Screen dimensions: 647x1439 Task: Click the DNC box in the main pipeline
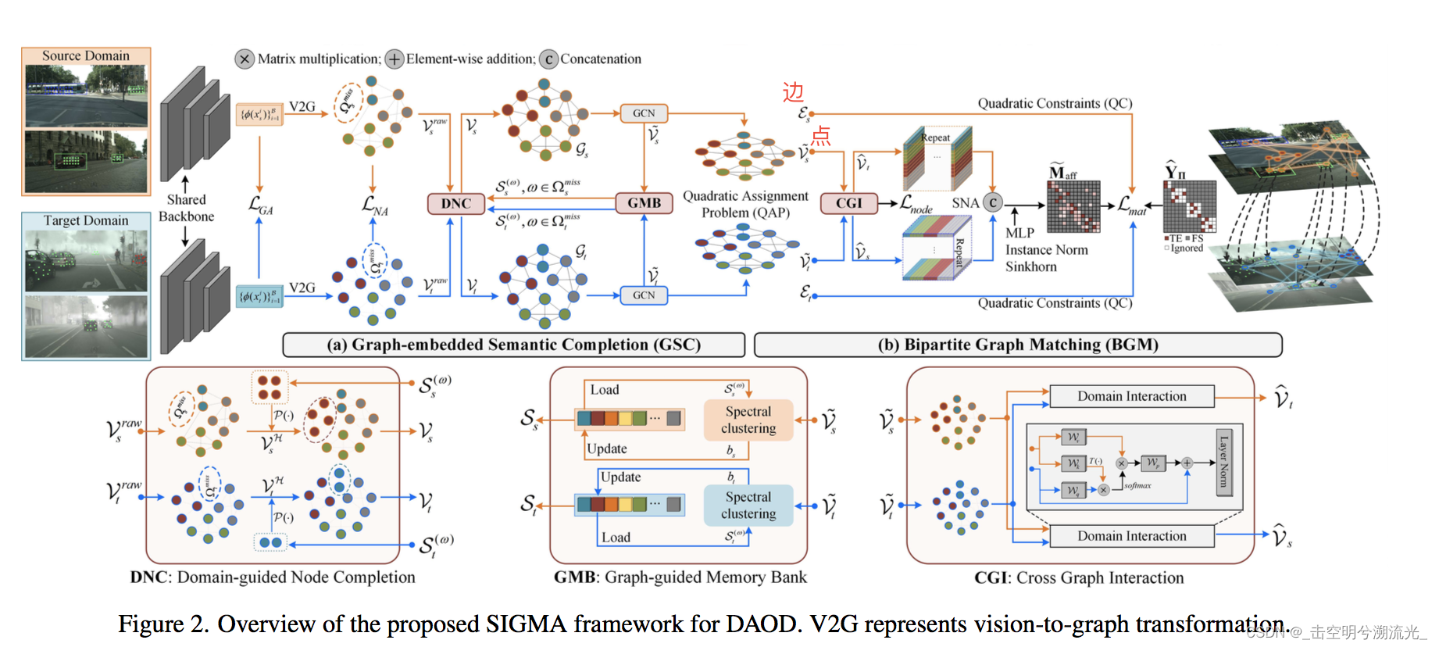click(x=455, y=203)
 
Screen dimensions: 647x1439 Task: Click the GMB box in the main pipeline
click(x=644, y=203)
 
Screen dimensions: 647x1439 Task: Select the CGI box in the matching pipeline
click(x=848, y=203)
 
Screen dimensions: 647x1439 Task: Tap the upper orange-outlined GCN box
click(x=644, y=113)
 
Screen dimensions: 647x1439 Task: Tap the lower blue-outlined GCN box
click(x=644, y=295)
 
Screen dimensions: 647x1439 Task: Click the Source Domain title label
click(x=86, y=56)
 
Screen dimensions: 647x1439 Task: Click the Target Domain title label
click(x=86, y=221)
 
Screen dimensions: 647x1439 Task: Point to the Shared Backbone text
click(x=186, y=208)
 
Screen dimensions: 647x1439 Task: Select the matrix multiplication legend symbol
click(x=245, y=59)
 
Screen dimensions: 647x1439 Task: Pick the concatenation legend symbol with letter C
click(x=548, y=59)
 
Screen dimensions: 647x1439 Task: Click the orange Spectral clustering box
click(x=748, y=420)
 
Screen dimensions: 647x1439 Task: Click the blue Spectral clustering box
click(x=748, y=506)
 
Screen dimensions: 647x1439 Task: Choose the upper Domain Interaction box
click(x=1131, y=396)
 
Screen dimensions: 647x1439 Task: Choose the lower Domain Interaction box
click(x=1131, y=536)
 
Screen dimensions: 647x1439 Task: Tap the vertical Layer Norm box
click(x=1223, y=462)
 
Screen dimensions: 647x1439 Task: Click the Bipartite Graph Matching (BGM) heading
click(x=1017, y=345)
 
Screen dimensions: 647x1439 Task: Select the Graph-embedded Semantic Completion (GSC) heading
click(x=513, y=345)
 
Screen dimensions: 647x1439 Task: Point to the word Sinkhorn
click(x=1030, y=266)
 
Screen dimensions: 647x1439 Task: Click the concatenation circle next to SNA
click(x=992, y=203)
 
